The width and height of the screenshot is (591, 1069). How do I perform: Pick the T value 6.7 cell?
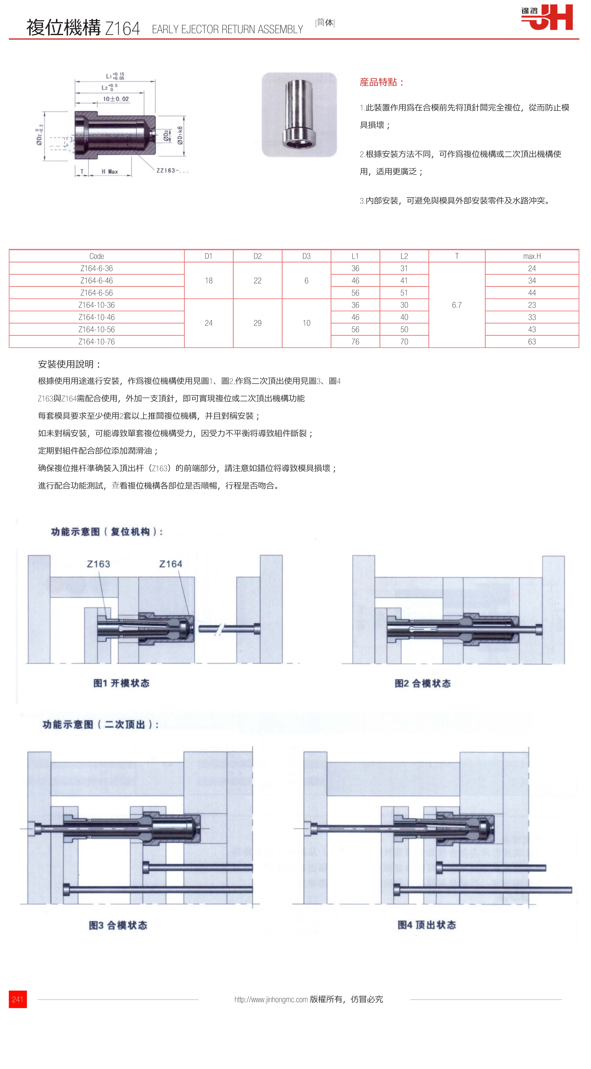pyautogui.click(x=457, y=305)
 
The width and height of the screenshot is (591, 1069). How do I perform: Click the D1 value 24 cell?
pyautogui.click(x=209, y=323)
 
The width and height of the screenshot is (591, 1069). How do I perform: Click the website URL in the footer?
pyautogui.click(x=271, y=999)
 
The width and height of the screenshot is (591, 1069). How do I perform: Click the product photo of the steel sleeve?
pyautogui.click(x=299, y=115)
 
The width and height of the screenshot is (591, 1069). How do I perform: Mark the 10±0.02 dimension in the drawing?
pyautogui.click(x=116, y=99)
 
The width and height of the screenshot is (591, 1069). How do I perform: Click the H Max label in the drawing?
pyautogui.click(x=110, y=171)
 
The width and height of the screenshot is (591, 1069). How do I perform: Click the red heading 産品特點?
pyautogui.click(x=382, y=82)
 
